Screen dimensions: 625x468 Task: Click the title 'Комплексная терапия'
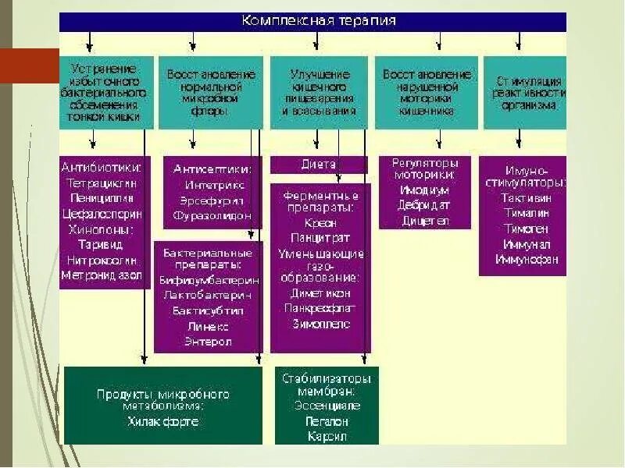(x=318, y=21)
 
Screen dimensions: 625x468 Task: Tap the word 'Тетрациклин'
(x=103, y=183)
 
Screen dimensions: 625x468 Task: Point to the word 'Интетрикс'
(x=214, y=185)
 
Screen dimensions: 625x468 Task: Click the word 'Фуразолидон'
(x=212, y=214)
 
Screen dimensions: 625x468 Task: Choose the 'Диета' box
(x=318, y=165)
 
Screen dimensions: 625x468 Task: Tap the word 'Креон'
(x=320, y=223)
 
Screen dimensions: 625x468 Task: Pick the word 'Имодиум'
(x=424, y=190)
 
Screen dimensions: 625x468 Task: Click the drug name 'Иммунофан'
(x=527, y=259)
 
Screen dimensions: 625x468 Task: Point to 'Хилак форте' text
(x=162, y=421)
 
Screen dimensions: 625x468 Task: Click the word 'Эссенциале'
(x=327, y=406)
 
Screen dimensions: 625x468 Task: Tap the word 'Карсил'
(x=327, y=437)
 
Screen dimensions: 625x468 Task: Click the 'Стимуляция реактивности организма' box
(x=525, y=92)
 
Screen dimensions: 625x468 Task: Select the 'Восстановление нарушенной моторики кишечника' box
(x=426, y=92)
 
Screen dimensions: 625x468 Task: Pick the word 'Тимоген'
(x=527, y=229)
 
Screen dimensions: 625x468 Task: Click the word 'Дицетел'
(x=426, y=220)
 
